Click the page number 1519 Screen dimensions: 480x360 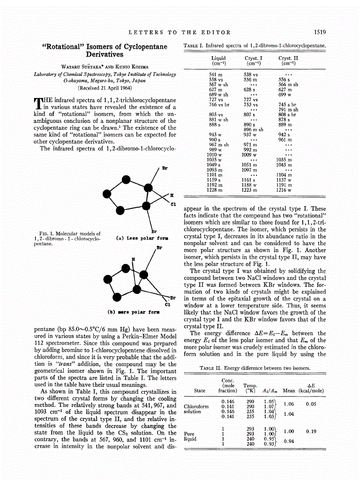pyautogui.click(x=319, y=32)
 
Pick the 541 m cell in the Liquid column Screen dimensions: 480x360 pyautogui.click(x=215, y=74)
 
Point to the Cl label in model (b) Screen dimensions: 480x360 pyautogui.click(x=167, y=304)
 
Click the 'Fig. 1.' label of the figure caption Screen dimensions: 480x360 pyautogui.click(x=45, y=233)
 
